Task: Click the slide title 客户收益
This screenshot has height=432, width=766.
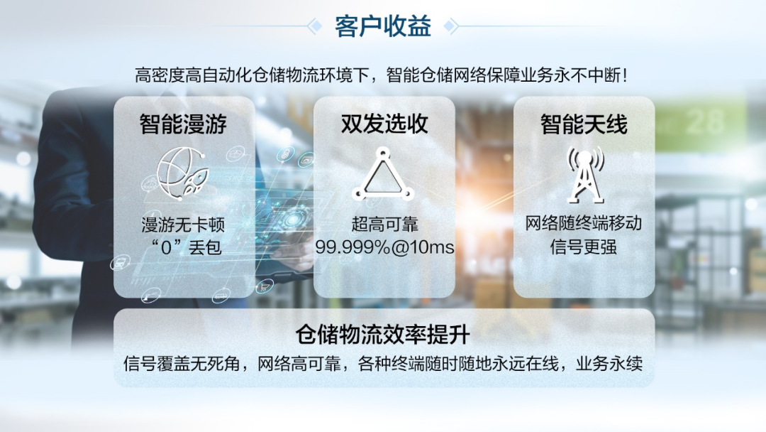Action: (x=383, y=26)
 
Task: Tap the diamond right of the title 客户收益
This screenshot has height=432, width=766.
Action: (x=450, y=26)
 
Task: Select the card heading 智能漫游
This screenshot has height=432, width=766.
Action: (x=184, y=125)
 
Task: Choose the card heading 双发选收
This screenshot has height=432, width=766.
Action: (x=384, y=125)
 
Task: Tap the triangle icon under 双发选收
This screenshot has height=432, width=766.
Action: (x=383, y=175)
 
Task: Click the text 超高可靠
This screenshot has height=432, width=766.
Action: (x=384, y=226)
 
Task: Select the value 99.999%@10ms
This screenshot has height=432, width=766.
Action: (x=384, y=248)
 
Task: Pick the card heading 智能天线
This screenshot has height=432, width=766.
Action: (x=584, y=125)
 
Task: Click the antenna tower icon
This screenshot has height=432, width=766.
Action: (x=584, y=175)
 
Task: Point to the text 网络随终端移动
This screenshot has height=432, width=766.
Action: (x=584, y=225)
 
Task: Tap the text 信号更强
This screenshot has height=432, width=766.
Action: (x=584, y=247)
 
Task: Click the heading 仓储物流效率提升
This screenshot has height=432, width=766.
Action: (x=383, y=335)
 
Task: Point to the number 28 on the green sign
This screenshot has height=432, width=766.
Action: (x=704, y=121)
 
